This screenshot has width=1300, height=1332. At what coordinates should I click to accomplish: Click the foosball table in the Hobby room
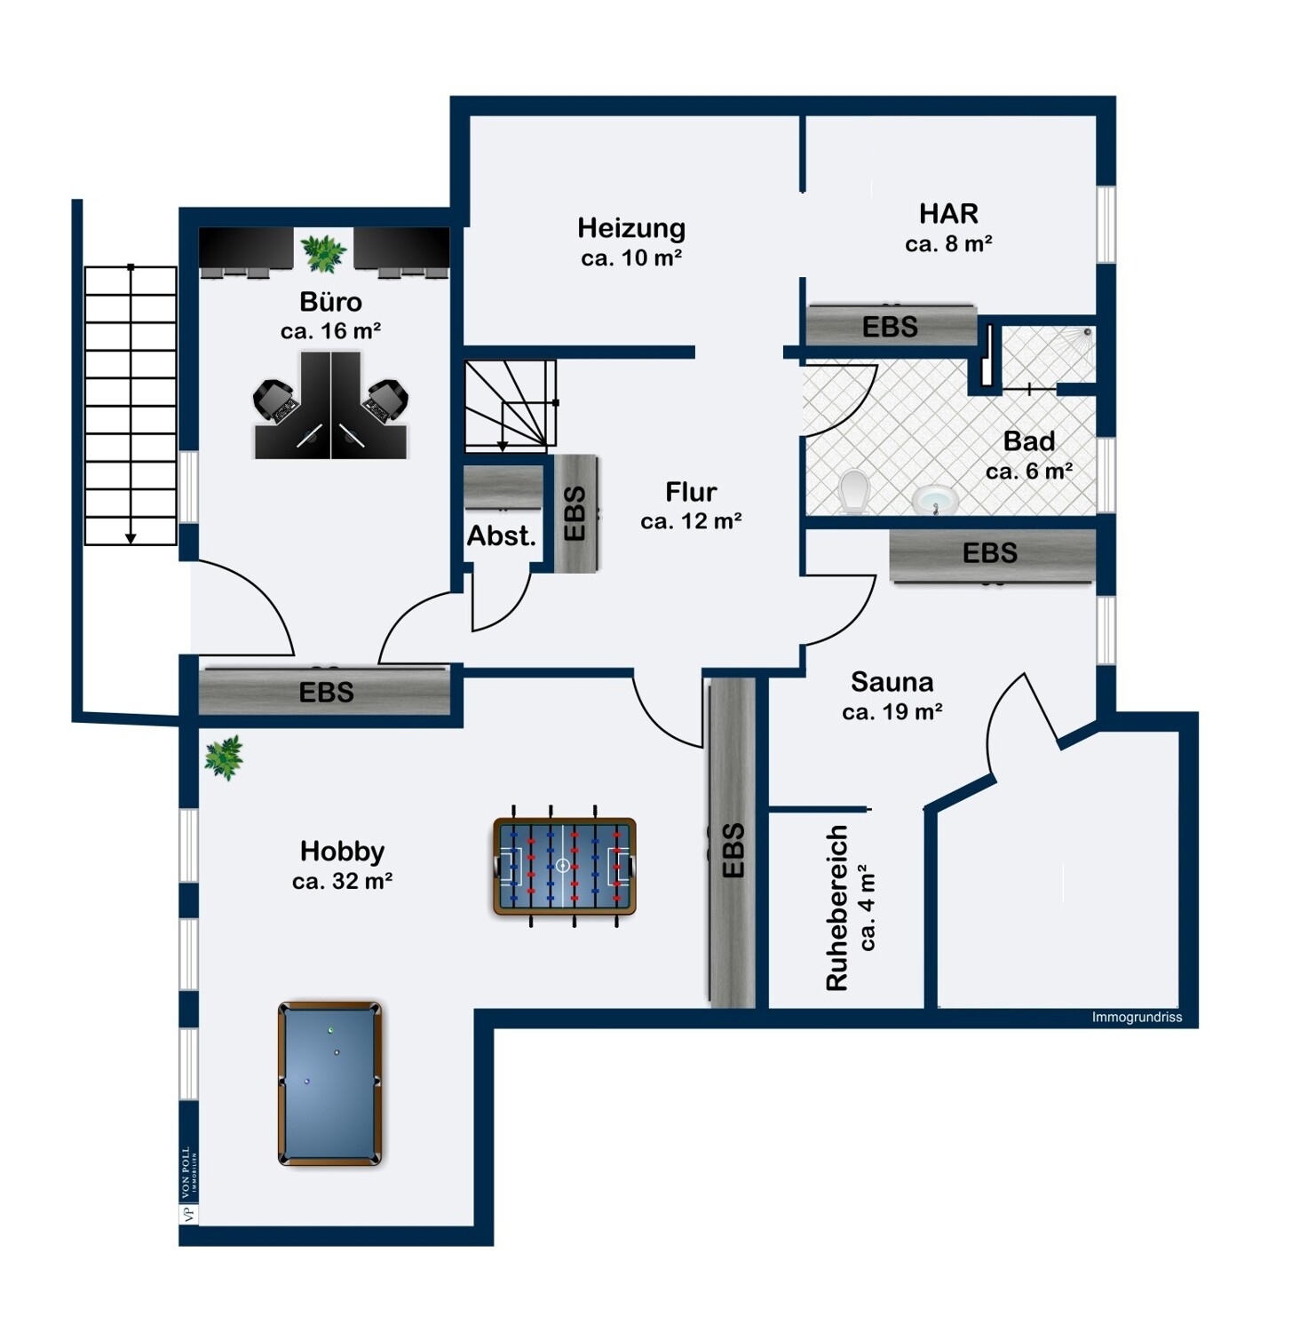[x=564, y=866]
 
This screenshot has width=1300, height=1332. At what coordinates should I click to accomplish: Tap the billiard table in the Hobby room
[x=330, y=1083]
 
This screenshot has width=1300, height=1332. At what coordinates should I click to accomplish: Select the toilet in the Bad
[x=853, y=491]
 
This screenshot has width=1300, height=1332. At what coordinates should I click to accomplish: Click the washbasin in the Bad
[x=935, y=500]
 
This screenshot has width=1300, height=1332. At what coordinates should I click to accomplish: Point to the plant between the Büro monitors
[x=323, y=252]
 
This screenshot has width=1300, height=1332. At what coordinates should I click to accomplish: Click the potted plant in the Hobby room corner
[x=224, y=757]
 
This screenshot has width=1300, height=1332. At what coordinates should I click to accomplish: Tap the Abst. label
[x=502, y=535]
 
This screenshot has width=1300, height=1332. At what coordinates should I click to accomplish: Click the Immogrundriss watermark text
[x=1137, y=1018]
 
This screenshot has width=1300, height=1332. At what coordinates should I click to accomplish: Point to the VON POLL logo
[x=188, y=1185]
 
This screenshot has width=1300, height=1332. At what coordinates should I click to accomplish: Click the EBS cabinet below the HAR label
[x=891, y=326]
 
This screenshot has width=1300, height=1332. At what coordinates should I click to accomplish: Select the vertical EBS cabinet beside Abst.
[x=575, y=513]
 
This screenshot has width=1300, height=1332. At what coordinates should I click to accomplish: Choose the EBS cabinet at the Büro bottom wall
[x=325, y=691]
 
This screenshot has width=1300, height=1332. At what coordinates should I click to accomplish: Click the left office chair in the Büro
[x=276, y=401]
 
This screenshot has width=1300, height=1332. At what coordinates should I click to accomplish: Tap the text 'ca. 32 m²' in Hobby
[x=343, y=881]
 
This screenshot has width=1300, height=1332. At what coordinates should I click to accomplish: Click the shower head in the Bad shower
[x=1087, y=333]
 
